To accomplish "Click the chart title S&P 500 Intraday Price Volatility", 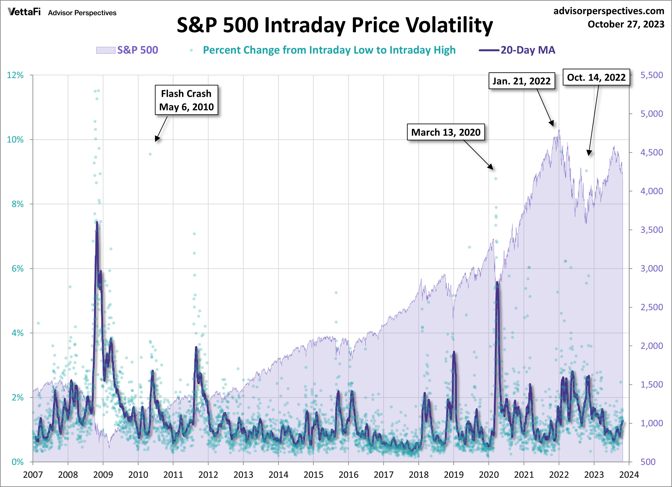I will click(335, 25).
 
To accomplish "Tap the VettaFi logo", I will click(24, 12).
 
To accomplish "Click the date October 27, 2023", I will click(626, 24).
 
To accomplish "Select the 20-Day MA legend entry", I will click(517, 50).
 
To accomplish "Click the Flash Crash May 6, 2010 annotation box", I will click(186, 100).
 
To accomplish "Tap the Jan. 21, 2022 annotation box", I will click(521, 81).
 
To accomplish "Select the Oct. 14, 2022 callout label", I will click(596, 77).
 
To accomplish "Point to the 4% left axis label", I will click(17, 333).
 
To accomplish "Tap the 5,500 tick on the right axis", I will click(652, 75).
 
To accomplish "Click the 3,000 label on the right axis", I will click(652, 268).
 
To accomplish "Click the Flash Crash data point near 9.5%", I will click(150, 154).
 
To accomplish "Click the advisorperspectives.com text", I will click(609, 11).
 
